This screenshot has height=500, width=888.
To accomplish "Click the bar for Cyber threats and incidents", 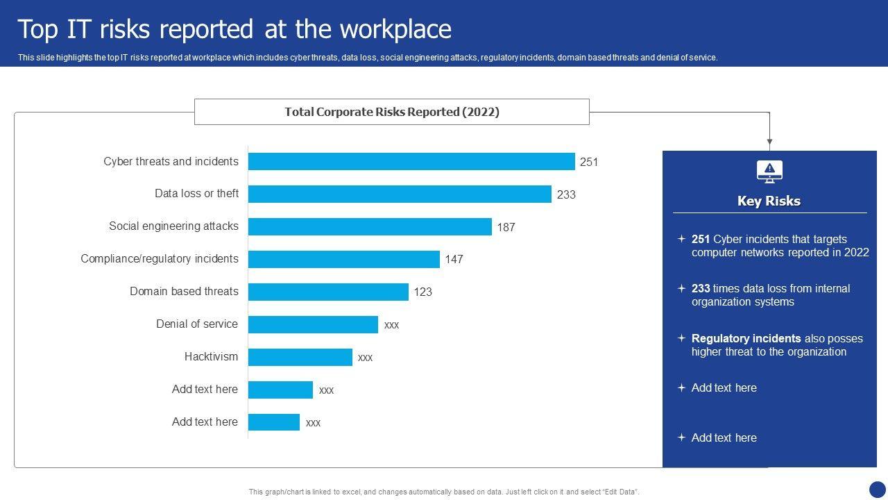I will click(x=411, y=161).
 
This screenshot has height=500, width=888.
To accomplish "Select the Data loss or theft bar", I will click(x=400, y=194).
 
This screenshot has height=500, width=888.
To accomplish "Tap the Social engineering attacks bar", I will click(x=370, y=226).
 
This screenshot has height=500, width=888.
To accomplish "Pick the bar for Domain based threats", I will click(x=328, y=292).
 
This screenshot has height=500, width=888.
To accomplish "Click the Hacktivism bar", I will click(x=300, y=357).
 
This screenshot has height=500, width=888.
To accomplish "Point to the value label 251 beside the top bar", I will click(x=589, y=162).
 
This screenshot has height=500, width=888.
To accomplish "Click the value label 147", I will click(x=454, y=260).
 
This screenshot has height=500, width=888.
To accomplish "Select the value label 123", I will click(x=423, y=292).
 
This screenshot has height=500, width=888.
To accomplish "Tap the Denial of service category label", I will click(x=197, y=324).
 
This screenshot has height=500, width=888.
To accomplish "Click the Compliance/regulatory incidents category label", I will click(x=160, y=259).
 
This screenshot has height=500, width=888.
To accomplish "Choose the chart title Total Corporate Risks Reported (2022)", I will click(x=392, y=112).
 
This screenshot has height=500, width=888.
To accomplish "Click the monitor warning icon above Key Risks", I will click(x=769, y=172).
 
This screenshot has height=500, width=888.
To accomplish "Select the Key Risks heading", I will click(x=769, y=201).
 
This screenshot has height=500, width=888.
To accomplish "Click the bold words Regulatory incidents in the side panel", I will click(x=746, y=339).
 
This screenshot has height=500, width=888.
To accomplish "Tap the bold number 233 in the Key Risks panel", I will click(x=701, y=289).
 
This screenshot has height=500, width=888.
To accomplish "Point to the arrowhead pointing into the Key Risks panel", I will click(x=769, y=142).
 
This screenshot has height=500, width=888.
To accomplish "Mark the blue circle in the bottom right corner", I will click(x=878, y=490).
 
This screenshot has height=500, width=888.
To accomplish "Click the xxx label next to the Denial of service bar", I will click(x=391, y=325).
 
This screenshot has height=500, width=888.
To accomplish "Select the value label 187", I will click(x=506, y=227).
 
